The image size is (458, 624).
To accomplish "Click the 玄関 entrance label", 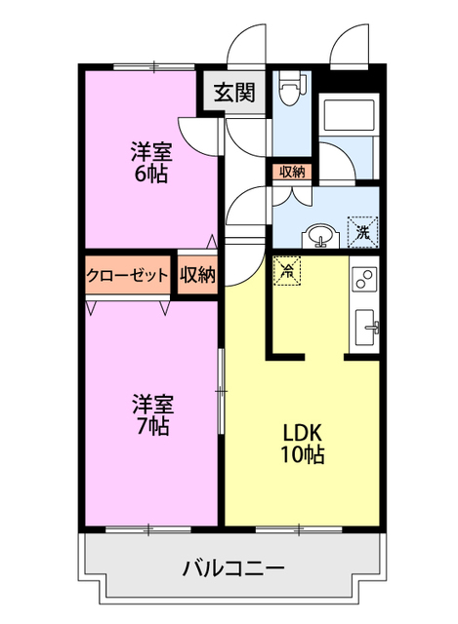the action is click(234, 94).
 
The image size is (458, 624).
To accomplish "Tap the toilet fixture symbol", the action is click(291, 89).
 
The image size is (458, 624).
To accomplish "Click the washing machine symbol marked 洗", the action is click(362, 232).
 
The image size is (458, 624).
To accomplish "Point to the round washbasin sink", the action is click(321, 236).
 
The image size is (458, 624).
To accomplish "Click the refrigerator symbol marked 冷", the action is click(287, 271).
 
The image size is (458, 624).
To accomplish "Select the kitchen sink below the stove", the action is click(365, 328).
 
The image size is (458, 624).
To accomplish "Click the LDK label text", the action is click(302, 433).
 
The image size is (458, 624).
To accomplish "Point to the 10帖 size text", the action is click(303, 454).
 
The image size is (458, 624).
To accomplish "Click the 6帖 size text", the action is click(151, 174).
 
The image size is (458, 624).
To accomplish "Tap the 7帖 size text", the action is click(152, 426).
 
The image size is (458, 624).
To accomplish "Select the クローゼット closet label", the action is click(128, 275).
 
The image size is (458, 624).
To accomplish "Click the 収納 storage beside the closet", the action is click(197, 275).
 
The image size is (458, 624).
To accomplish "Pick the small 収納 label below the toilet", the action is click(292, 173).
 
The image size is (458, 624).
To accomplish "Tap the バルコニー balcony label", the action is click(233, 567).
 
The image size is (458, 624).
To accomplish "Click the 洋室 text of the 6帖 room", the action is click(152, 152).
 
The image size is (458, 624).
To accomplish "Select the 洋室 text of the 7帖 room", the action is click(153, 405).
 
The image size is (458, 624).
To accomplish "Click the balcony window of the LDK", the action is click(299, 529).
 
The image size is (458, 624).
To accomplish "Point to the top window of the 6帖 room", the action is click(154, 67).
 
